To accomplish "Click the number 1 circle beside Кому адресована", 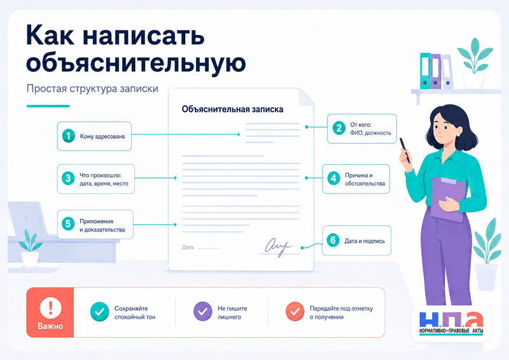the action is (x=69, y=136).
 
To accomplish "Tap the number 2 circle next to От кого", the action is (x=339, y=128).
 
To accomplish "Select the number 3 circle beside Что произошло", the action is (x=68, y=179).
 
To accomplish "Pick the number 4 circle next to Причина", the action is (x=333, y=179).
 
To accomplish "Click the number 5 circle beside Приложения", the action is (x=68, y=225).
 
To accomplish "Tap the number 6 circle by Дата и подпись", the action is (x=333, y=240).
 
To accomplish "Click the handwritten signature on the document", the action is (x=278, y=247).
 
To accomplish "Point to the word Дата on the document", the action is (x=188, y=247).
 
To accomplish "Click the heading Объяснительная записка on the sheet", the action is (x=232, y=109).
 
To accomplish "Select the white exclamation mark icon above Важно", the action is (x=51, y=307).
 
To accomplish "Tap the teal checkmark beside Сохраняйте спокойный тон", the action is (x=100, y=312).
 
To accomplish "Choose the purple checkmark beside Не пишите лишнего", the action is (x=203, y=312).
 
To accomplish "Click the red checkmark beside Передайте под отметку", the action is (x=295, y=312).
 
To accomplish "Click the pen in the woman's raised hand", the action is (x=405, y=150).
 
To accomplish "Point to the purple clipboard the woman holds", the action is (x=448, y=199).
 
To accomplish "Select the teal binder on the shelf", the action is (x=425, y=71).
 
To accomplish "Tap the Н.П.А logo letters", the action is (x=451, y=319).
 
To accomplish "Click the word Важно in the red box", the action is (x=50, y=326).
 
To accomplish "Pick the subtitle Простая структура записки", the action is (x=92, y=88).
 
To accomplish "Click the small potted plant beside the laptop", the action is (x=30, y=248).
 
